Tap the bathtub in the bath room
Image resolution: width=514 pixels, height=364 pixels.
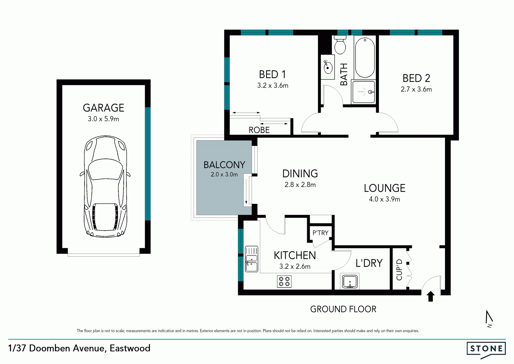tap(365, 57)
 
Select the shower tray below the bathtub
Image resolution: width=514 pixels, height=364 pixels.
tap(364, 92)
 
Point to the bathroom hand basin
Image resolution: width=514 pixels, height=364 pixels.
tap(328, 67)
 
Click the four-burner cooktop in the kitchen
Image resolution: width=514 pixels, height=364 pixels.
tap(284, 282)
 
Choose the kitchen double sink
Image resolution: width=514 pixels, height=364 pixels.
tap(252, 259)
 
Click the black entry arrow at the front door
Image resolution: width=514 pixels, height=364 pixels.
tap(430, 296)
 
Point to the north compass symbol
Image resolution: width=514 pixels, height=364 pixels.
tap(489, 319)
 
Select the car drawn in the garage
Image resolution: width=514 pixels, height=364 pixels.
tap(105, 187)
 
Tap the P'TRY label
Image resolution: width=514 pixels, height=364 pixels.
tap(320, 233)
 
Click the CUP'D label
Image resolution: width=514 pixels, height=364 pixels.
tap(399, 270)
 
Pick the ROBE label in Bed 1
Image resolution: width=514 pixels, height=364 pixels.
tap(259, 130)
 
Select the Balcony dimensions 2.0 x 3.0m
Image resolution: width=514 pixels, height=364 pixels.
tap(224, 174)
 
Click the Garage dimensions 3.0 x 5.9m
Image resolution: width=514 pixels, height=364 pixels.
tap(103, 119)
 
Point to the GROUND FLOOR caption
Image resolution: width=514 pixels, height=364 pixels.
tap(343, 309)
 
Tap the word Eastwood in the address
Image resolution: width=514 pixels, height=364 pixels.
tap(130, 348)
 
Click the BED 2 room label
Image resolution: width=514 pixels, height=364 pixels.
tap(416, 78)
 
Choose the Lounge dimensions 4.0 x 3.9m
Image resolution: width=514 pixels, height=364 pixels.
tap(384, 199)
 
